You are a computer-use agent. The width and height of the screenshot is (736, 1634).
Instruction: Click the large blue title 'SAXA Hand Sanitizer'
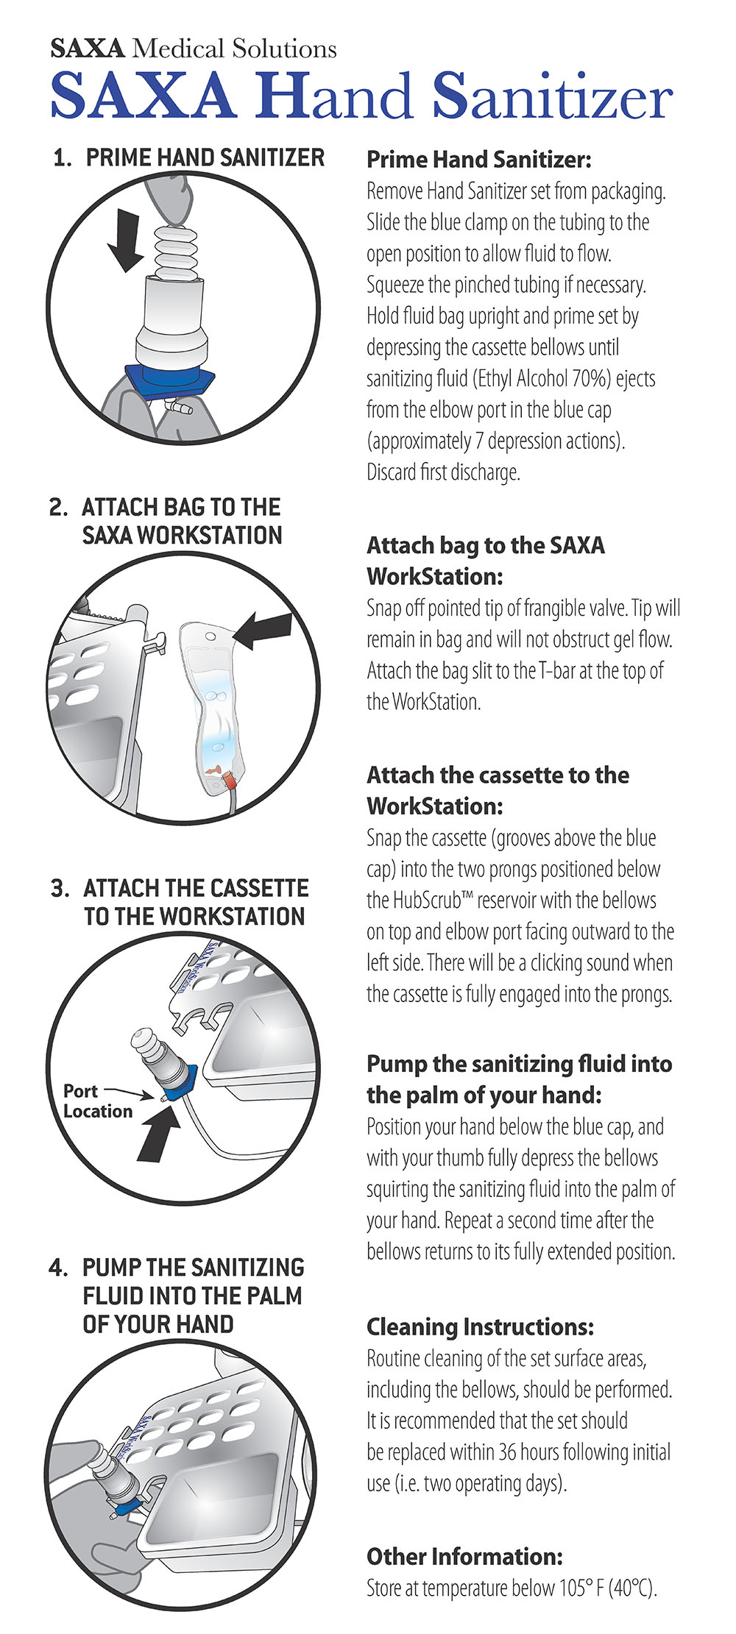[361, 96]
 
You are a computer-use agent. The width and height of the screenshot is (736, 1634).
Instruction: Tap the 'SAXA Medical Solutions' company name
[194, 49]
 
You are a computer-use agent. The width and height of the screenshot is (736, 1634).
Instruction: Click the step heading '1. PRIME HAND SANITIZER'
[188, 157]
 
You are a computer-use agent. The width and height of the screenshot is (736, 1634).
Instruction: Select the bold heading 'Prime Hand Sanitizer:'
[479, 160]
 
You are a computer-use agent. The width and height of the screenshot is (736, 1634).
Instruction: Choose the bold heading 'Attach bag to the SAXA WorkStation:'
[486, 561]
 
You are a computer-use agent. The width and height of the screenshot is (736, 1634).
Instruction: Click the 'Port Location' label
[97, 1101]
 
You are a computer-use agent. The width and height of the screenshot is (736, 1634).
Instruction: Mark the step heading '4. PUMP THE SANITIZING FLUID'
[176, 1295]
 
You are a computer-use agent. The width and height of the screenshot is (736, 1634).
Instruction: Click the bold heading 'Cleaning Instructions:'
[481, 1326]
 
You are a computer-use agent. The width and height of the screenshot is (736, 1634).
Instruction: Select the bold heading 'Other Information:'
[464, 1556]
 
